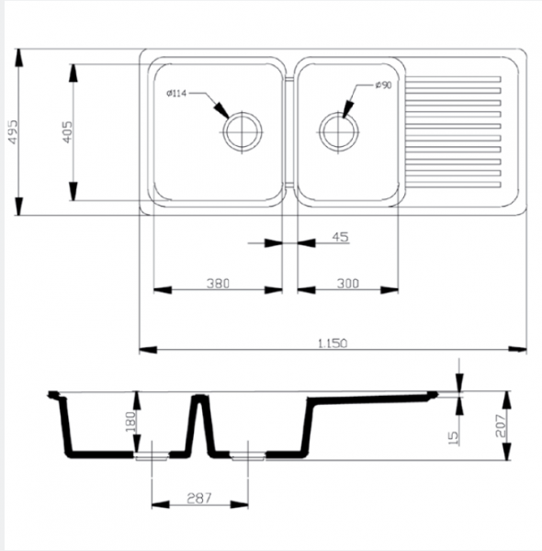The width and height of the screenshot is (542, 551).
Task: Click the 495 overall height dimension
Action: tap(13, 131)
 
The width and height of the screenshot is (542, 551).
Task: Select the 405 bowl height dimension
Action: tap(67, 131)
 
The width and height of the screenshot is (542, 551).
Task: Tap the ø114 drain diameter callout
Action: tap(176, 94)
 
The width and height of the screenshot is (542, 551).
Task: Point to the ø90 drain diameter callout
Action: tap(383, 85)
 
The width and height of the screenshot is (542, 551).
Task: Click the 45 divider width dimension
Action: tap(340, 237)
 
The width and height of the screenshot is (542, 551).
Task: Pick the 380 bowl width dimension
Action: tap(218, 283)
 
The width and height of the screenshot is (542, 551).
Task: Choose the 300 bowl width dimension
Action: tap(348, 283)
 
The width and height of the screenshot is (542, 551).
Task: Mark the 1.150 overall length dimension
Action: tap(333, 343)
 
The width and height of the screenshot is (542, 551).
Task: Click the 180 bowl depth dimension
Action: tap(130, 422)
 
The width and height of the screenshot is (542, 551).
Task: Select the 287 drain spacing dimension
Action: tap(199, 498)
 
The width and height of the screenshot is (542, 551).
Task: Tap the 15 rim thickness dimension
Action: tap(454, 438)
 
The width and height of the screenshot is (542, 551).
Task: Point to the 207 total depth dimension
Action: tap(501, 426)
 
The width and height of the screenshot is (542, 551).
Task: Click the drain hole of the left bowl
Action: tap(243, 131)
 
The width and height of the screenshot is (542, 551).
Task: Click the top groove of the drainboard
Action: tap(454, 79)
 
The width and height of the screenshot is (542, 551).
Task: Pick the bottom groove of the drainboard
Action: tap(454, 185)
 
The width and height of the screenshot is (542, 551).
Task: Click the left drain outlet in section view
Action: tap(152, 456)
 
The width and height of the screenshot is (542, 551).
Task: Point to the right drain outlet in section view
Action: tap(248, 456)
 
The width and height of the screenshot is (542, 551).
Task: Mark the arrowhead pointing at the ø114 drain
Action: tap(221, 110)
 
